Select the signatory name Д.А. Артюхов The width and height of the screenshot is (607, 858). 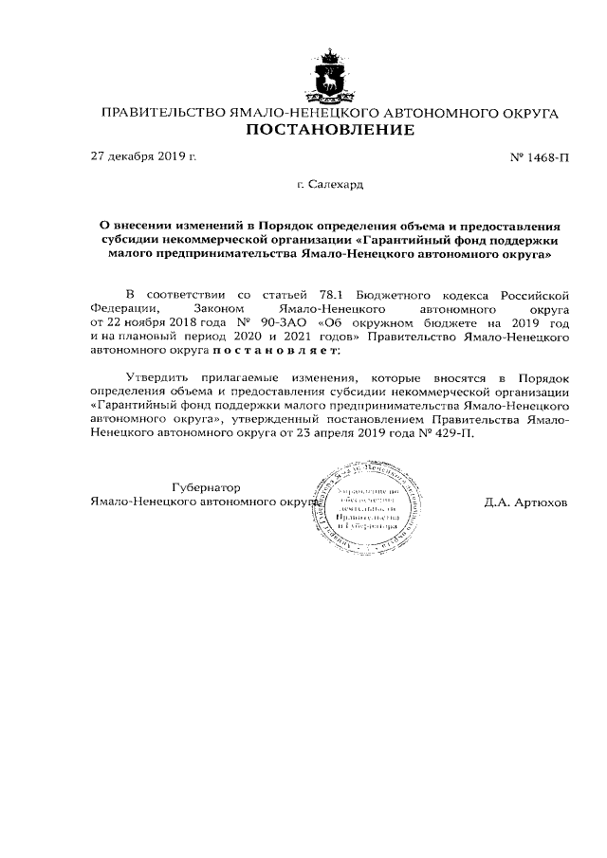click(525, 502)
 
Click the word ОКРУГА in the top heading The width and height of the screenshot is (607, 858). click(525, 113)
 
